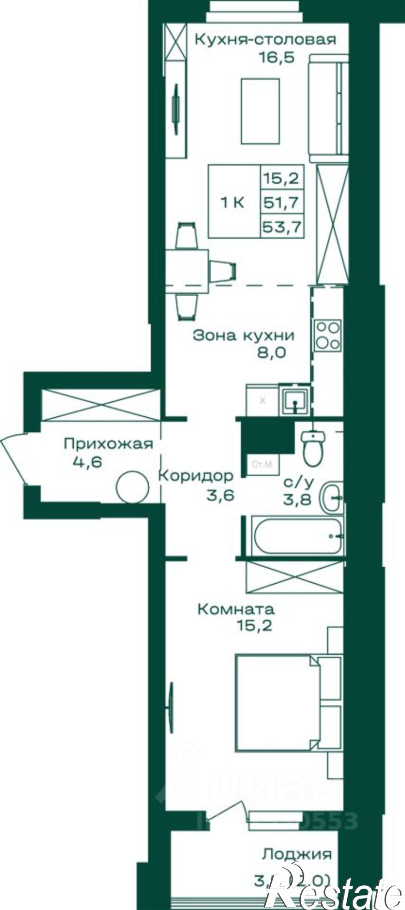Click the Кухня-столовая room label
point(265,40)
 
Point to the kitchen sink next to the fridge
point(295,400)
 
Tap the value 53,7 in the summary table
point(282,226)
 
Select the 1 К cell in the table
point(233,202)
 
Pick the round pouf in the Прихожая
point(132,487)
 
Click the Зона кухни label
point(243,336)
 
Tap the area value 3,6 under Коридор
point(220,495)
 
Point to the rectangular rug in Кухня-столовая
point(260,111)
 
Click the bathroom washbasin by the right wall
point(333,497)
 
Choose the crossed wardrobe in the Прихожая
point(101,404)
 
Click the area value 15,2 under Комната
point(254,626)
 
